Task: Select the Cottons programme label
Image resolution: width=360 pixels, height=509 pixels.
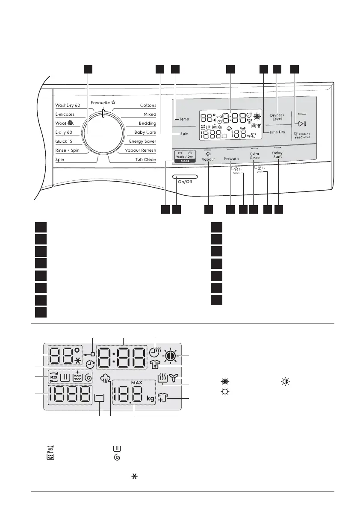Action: [148, 105]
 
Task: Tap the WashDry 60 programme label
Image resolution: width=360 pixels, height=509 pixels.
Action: [68, 105]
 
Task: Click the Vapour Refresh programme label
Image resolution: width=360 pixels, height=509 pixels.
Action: [140, 150]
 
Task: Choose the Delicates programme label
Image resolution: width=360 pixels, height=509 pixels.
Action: [65, 115]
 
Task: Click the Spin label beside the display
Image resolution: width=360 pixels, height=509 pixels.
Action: [184, 134]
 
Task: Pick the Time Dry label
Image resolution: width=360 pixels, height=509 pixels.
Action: [277, 132]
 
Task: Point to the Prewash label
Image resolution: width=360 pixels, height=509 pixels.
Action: [231, 159]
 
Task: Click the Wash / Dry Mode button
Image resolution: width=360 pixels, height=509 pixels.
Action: [185, 157]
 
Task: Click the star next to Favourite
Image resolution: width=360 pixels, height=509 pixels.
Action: [113, 103]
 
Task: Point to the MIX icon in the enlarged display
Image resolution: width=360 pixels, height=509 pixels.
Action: [53, 378]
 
